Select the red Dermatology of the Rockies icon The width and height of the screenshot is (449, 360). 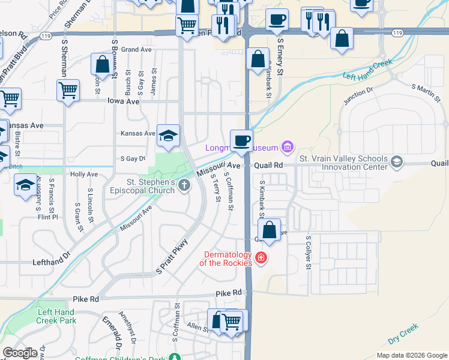261,258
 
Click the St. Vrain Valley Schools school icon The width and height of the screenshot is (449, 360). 396,161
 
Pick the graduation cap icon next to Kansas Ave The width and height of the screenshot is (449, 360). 168,135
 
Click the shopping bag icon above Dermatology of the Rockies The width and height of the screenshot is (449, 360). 270,230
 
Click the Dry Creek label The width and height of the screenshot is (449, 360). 403,334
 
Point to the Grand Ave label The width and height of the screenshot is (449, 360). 136,50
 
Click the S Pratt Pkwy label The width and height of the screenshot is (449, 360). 172,257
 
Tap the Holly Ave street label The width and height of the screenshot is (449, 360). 84,175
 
